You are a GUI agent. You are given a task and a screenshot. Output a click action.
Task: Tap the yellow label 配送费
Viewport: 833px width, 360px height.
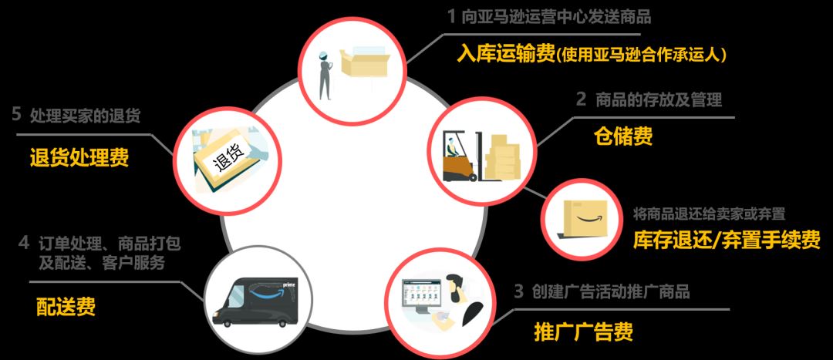[66, 306]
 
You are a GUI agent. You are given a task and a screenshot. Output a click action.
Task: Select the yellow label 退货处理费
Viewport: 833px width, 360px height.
[79, 158]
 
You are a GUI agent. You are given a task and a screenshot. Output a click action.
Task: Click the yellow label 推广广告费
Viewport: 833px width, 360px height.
[583, 332]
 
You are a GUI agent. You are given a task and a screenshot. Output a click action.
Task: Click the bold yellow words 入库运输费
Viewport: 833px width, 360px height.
[506, 53]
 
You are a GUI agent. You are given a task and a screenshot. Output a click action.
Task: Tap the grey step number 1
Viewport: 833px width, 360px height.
[451, 17]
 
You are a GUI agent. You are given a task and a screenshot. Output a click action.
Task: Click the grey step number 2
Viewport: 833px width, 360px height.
[582, 99]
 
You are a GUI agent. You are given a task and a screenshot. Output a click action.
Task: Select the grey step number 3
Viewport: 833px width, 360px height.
[519, 291]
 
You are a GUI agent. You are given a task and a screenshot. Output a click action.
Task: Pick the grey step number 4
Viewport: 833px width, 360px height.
[23, 243]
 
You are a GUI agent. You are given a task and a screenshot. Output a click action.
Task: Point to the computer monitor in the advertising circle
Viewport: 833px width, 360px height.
[424, 296]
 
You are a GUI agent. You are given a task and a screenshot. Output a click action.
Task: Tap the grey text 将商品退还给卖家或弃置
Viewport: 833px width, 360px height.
[710, 214]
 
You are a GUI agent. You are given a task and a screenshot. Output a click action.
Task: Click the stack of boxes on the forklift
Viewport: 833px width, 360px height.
[501, 156]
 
